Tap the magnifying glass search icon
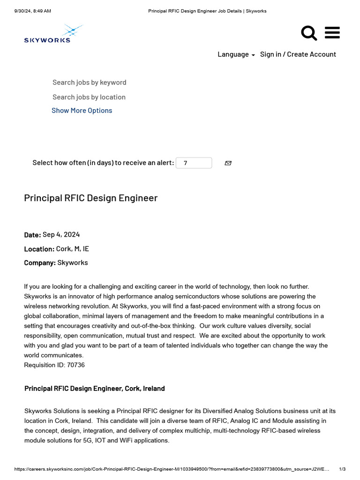(x=308, y=33)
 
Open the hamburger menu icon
(x=332, y=33)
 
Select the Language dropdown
(x=236, y=54)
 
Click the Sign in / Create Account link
(x=298, y=54)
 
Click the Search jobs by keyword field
(x=89, y=82)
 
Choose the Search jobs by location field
(x=89, y=97)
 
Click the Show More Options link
(x=82, y=111)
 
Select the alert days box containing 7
(x=194, y=163)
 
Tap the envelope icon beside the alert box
(x=228, y=163)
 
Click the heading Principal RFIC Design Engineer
(x=90, y=198)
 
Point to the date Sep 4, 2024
(x=61, y=234)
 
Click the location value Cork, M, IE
(x=72, y=249)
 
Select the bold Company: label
(x=40, y=263)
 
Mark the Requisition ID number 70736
(x=75, y=365)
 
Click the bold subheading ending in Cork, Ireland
(x=94, y=389)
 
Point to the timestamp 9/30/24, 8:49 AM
(x=32, y=11)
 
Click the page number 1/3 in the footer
(x=342, y=469)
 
